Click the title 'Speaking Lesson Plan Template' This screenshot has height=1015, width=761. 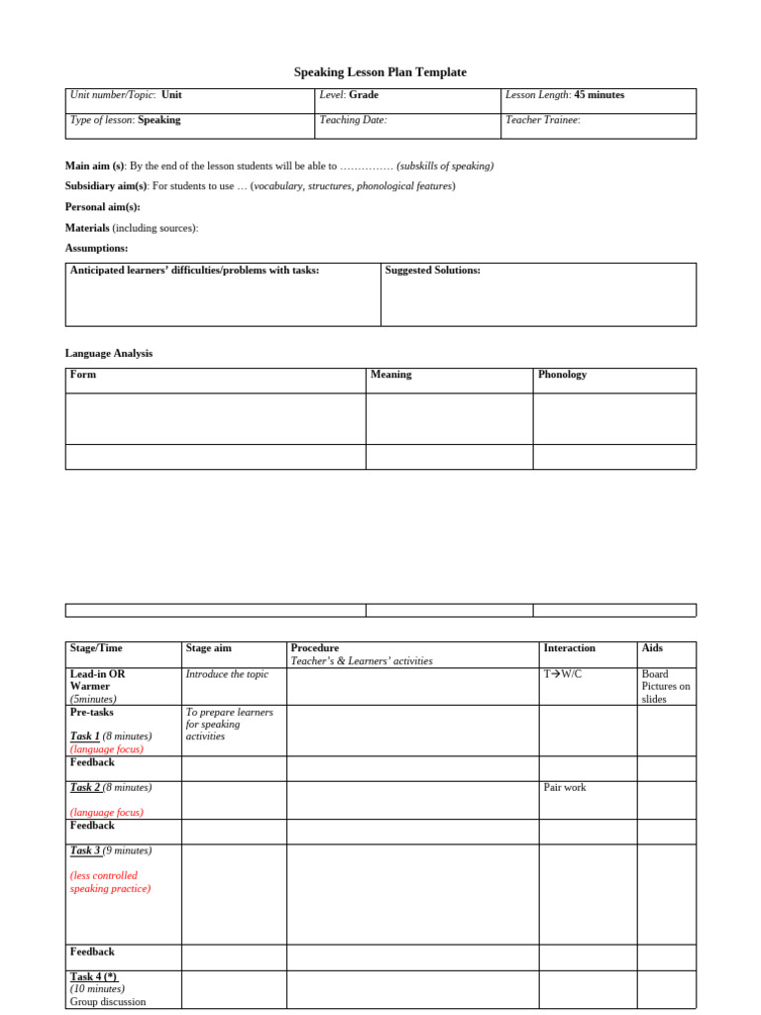pyautogui.click(x=380, y=72)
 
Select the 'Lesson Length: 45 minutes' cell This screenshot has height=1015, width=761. pyautogui.click(x=565, y=95)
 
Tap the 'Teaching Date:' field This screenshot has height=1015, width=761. pyautogui.click(x=353, y=120)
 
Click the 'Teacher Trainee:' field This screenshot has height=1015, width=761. pyautogui.click(x=543, y=120)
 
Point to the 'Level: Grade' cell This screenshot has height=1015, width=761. pyautogui.click(x=349, y=95)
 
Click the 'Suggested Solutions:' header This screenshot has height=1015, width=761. pyautogui.click(x=432, y=270)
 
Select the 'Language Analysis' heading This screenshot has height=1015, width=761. pyautogui.click(x=109, y=353)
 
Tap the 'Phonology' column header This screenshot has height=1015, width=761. pyautogui.click(x=562, y=375)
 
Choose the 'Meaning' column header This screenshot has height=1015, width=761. pyautogui.click(x=390, y=375)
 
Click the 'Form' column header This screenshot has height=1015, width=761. pyautogui.click(x=83, y=375)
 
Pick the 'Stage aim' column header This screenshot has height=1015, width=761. pyautogui.click(x=208, y=648)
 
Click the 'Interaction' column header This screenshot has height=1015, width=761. pyautogui.click(x=569, y=648)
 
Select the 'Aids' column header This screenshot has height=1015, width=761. pyautogui.click(x=652, y=648)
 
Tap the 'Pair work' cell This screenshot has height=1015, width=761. pyautogui.click(x=565, y=787)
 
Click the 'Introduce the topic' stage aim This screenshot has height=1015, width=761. pyautogui.click(x=227, y=674)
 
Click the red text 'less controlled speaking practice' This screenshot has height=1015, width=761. pyautogui.click(x=110, y=882)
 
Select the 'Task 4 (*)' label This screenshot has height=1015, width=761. pyautogui.click(x=93, y=976)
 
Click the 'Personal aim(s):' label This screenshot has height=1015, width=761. pyautogui.click(x=103, y=207)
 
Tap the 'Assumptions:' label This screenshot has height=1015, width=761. pyautogui.click(x=96, y=248)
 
